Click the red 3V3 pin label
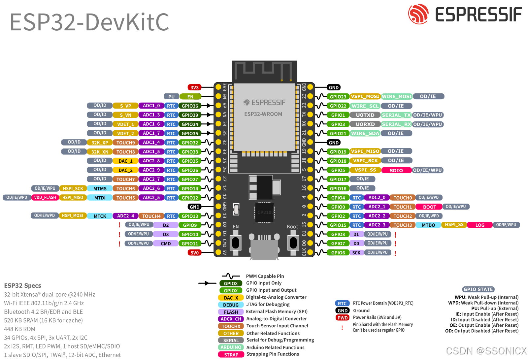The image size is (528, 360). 194,87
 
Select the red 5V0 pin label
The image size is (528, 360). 194,253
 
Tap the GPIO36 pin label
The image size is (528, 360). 190,106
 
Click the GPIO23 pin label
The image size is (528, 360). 338,97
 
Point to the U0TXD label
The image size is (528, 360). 365,115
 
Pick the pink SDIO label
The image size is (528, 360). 396,171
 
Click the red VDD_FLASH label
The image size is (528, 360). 45,198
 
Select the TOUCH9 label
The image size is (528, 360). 125,143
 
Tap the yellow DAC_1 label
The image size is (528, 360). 125,161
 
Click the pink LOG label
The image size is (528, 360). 480,225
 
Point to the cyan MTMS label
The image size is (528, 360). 100,189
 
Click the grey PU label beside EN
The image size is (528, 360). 171,97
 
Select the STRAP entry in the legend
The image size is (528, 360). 231,355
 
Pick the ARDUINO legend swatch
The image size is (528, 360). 231,347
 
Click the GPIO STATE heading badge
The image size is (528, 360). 478,289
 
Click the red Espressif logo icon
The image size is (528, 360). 418,14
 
